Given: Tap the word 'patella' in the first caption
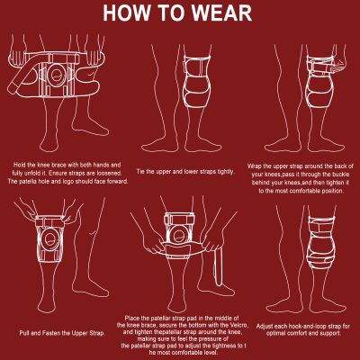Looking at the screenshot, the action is pos(29,182).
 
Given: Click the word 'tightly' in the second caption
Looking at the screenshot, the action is pos(224,172).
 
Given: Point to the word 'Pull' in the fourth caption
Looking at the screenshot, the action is pos(24,333).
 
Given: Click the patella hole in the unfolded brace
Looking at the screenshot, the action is pos(56,75).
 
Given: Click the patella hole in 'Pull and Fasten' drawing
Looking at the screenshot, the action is pos(49,239).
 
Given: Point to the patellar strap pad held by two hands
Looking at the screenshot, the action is pos(179,249).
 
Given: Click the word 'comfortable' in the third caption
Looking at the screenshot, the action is pos(304,191).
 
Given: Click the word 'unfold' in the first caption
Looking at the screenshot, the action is pos(31,174).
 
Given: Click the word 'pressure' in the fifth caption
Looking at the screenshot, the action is pos(208,339).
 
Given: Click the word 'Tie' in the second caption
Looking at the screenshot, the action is pos(140,172).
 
